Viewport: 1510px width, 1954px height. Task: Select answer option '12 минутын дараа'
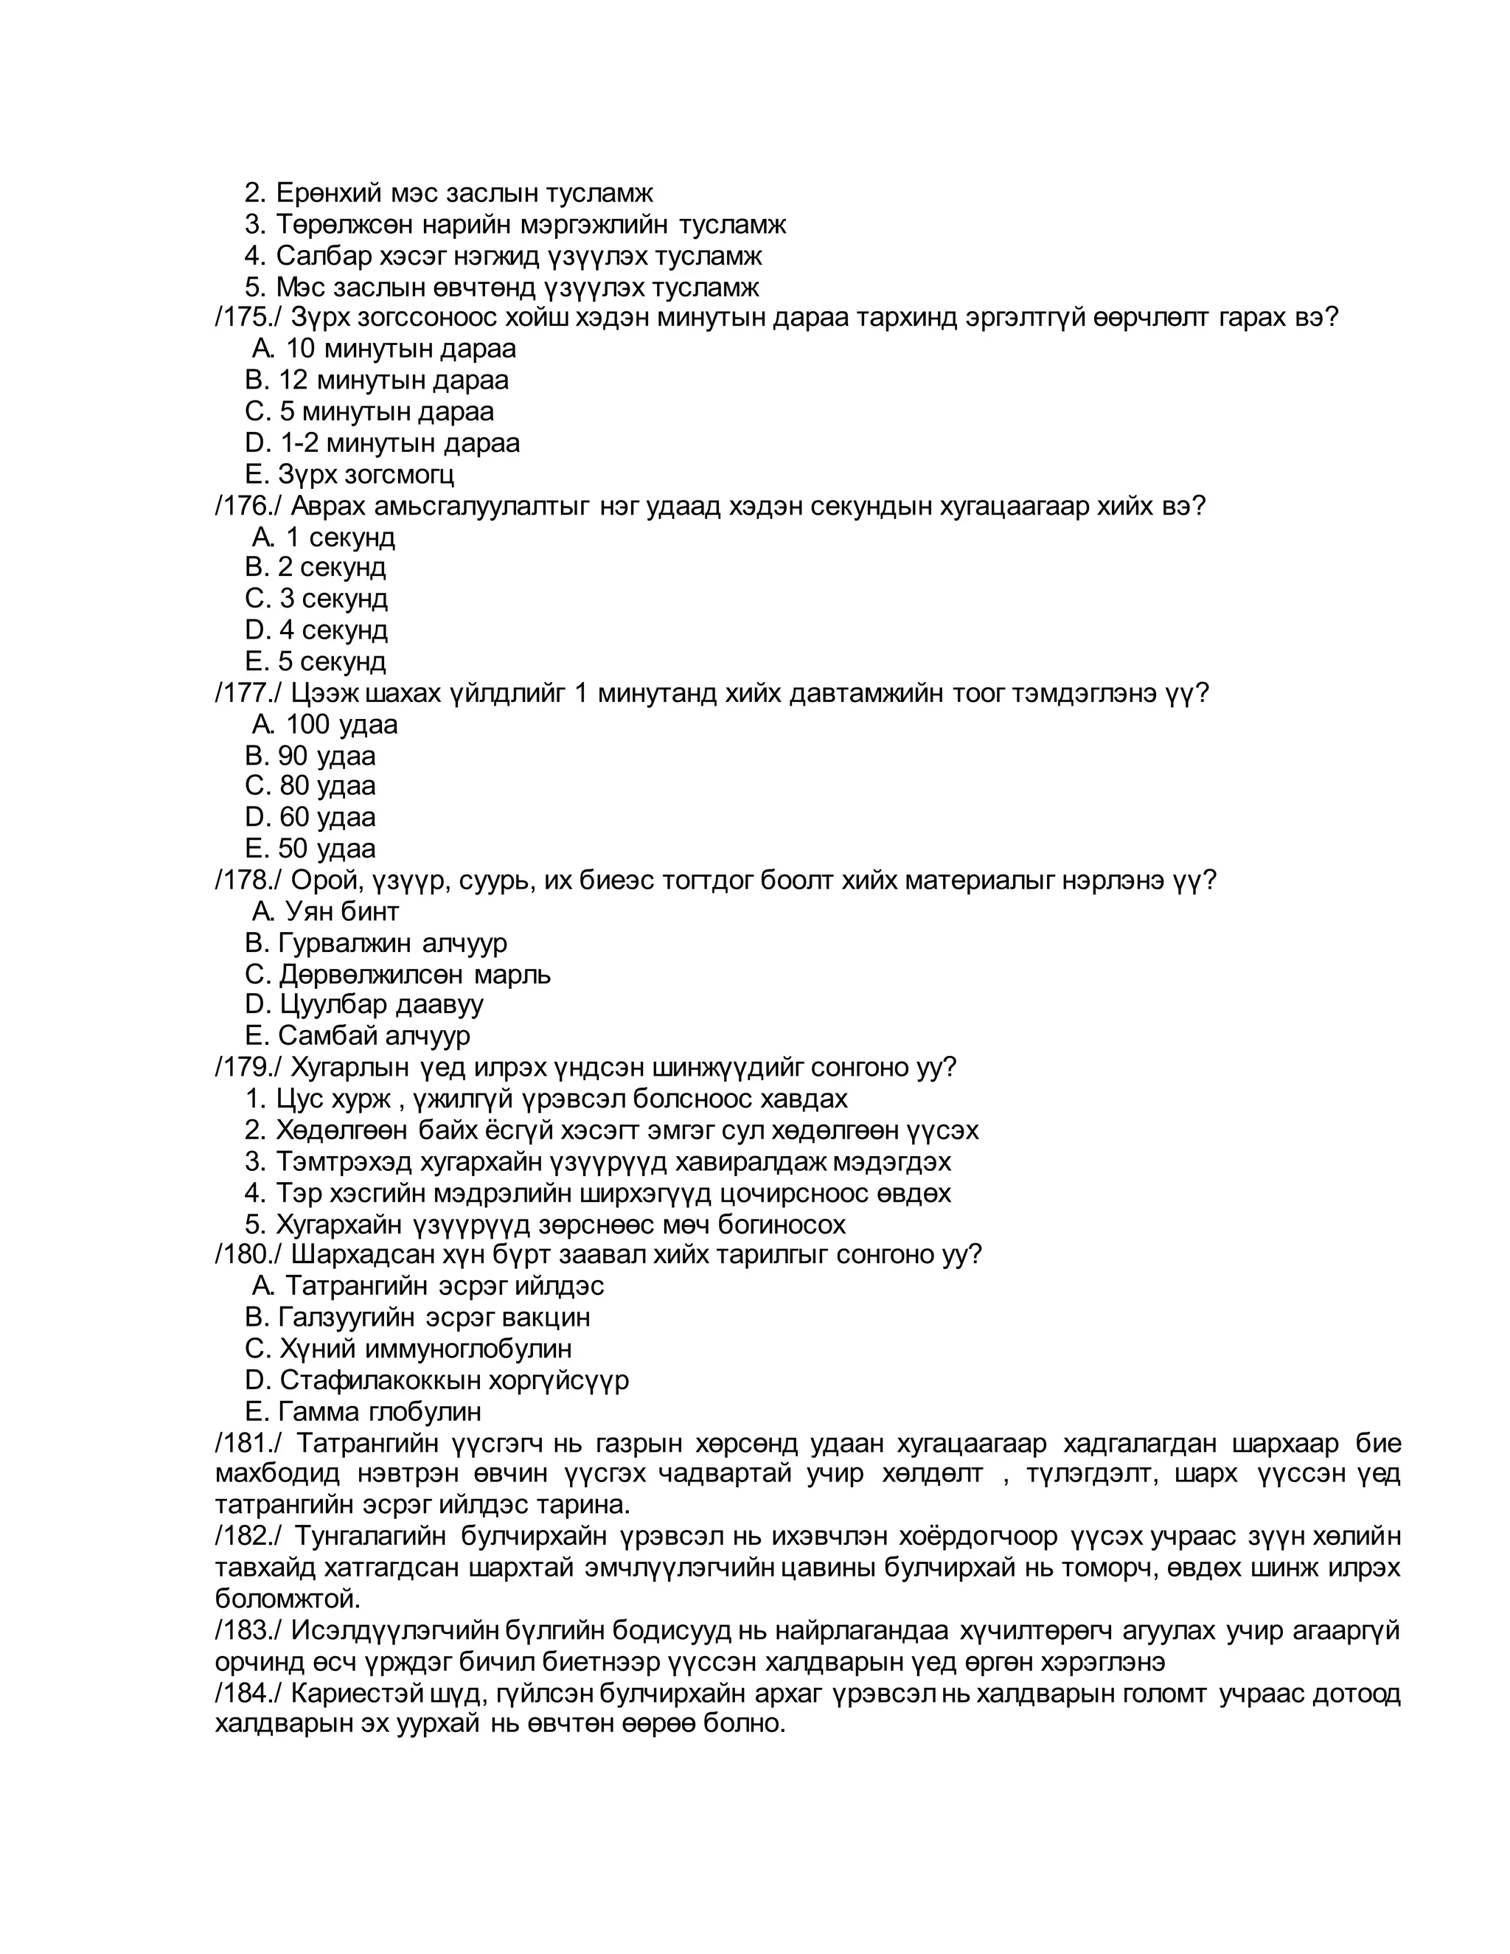[x=393, y=380]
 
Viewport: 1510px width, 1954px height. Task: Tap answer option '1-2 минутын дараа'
[x=399, y=443]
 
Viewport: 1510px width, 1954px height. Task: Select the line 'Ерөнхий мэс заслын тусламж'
[x=463, y=193]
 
